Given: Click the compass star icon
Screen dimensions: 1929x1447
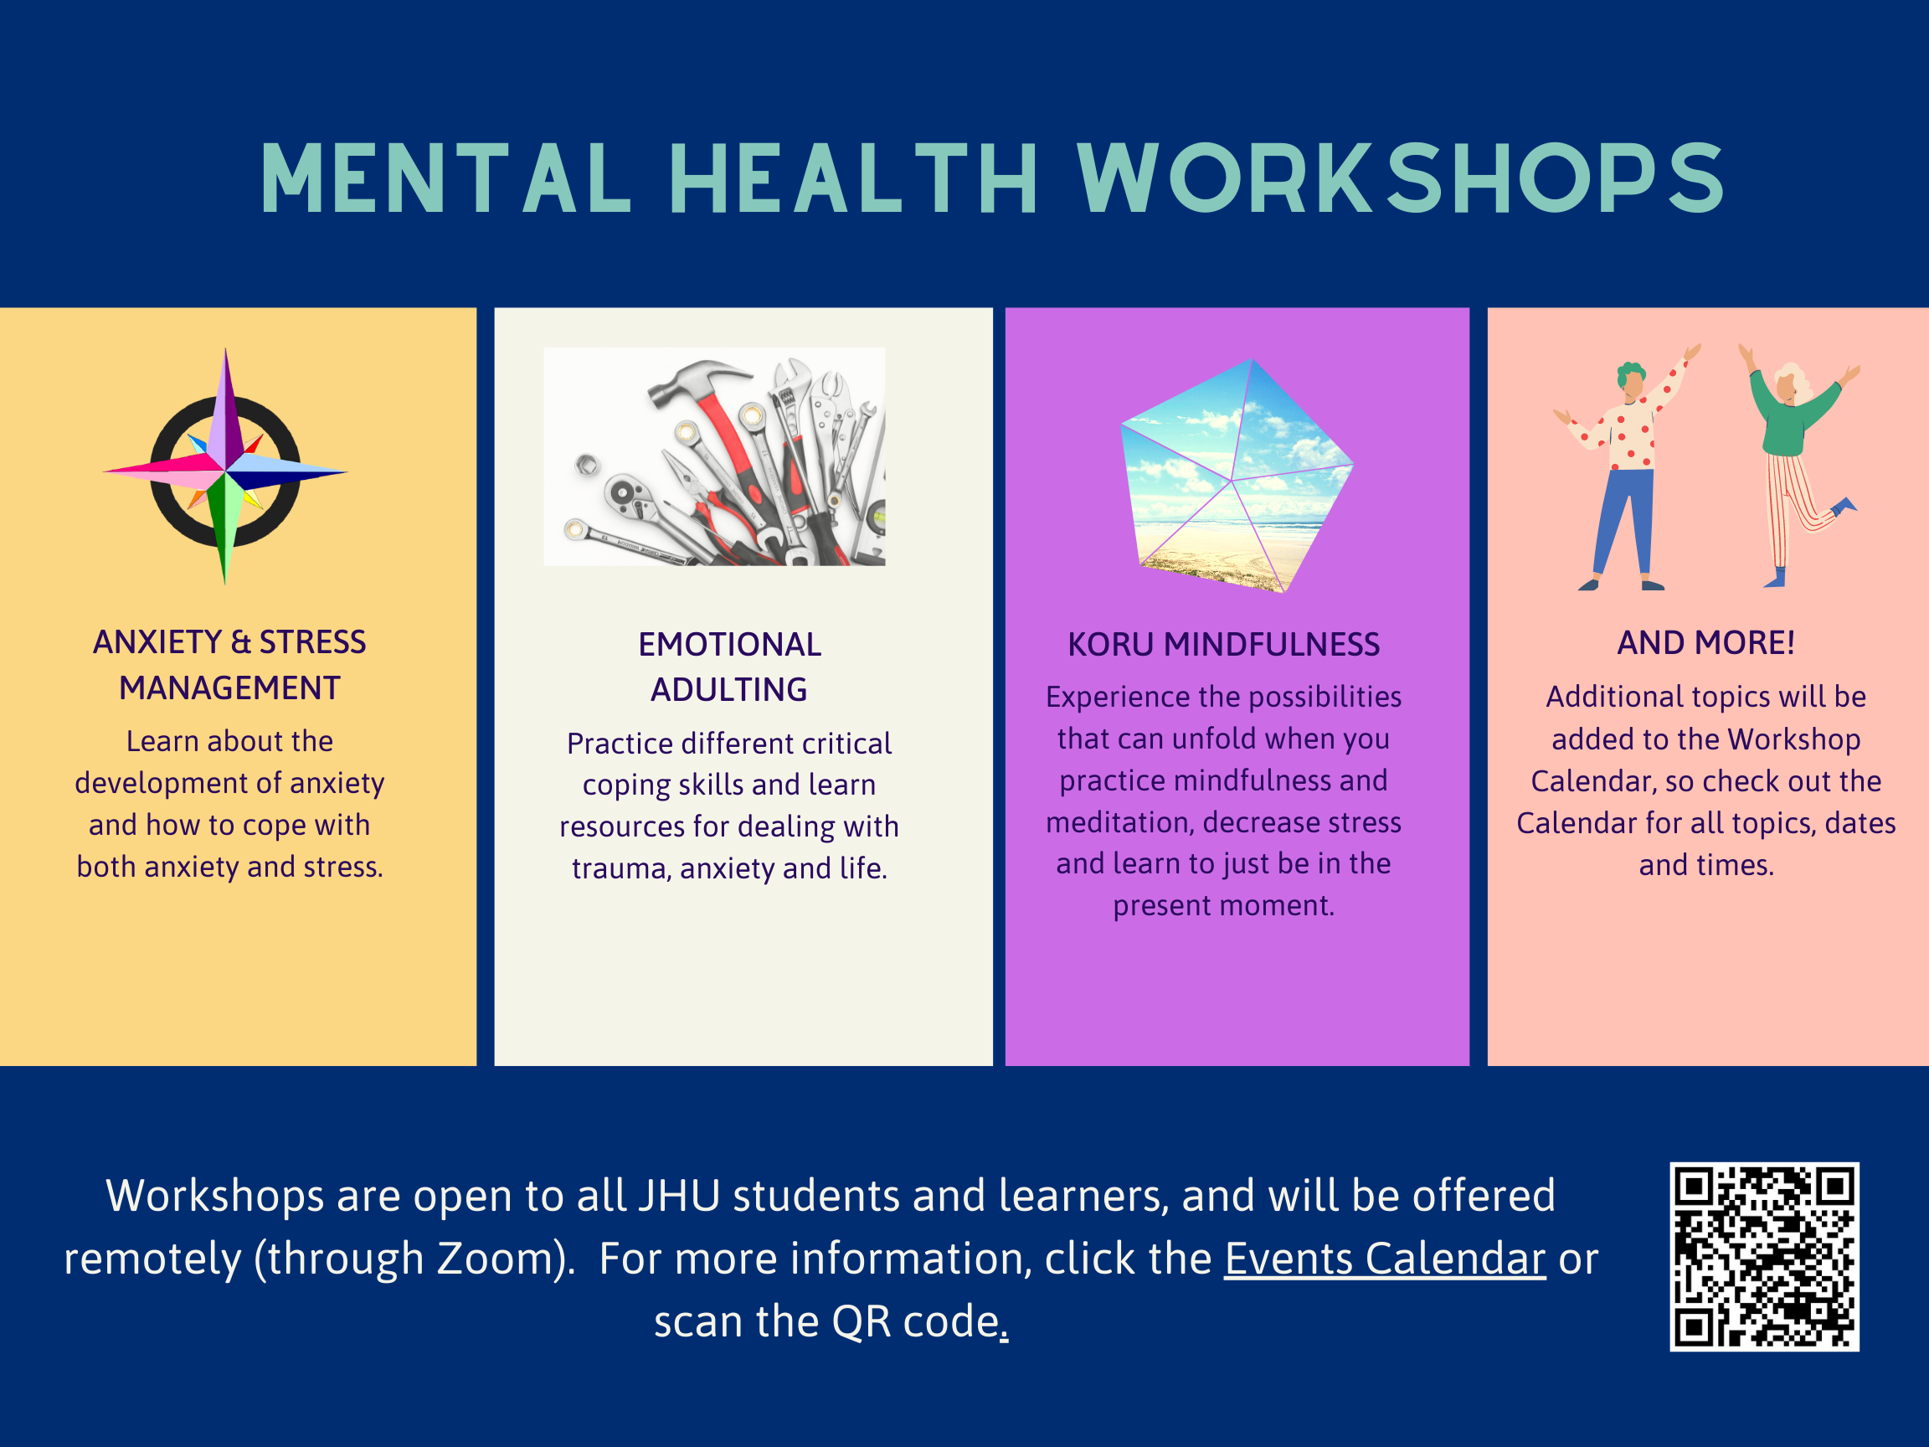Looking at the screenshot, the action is click(226, 467).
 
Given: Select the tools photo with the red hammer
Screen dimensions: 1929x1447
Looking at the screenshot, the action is click(714, 456).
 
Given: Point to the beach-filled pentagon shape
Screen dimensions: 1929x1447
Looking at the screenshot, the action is click(1236, 476).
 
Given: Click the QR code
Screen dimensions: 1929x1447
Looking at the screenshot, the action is click(1764, 1257).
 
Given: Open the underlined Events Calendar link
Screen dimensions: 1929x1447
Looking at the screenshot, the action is click(1385, 1259).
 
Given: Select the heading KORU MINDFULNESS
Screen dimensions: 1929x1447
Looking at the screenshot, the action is click(1223, 645).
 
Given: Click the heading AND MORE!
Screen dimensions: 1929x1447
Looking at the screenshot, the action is click(1705, 643).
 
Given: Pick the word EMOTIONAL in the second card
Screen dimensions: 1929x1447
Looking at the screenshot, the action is click(730, 645).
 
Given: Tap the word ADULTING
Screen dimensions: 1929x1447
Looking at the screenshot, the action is click(729, 690).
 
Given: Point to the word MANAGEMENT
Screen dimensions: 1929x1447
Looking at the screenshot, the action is click(229, 688).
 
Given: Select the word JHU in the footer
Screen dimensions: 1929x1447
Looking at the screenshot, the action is click(679, 1196).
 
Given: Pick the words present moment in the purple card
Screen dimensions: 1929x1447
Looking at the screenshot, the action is click(1223, 906).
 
